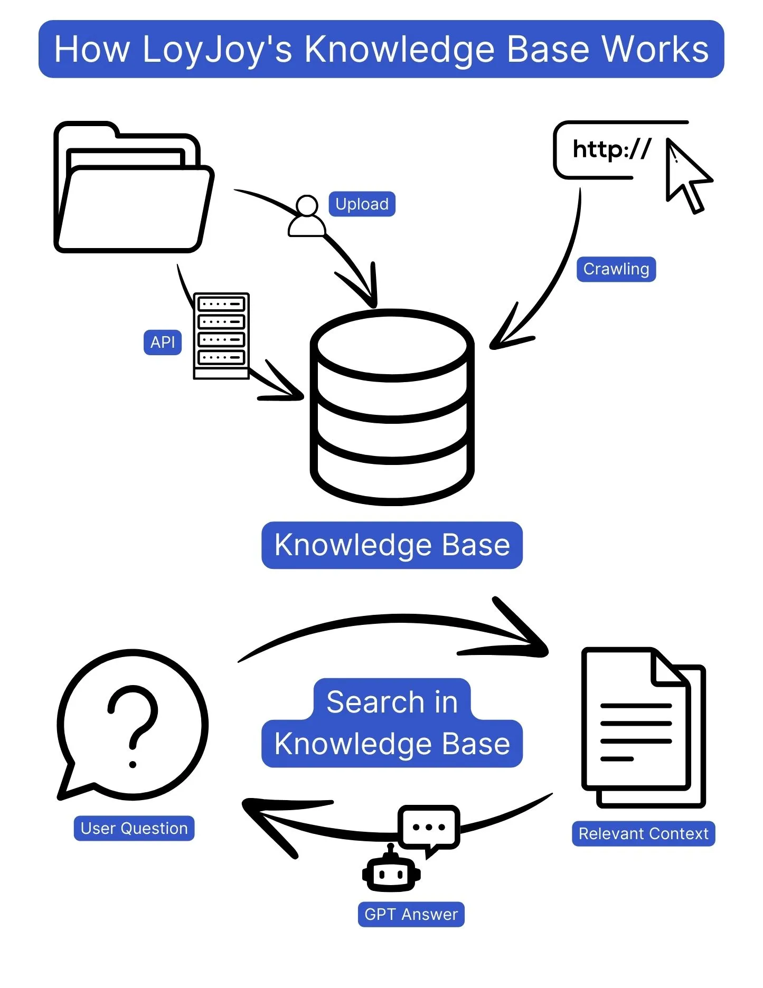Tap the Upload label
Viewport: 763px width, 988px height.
click(x=362, y=204)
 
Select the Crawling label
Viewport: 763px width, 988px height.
click(x=616, y=269)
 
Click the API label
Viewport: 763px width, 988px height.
click(x=162, y=343)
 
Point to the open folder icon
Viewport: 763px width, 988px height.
click(x=133, y=190)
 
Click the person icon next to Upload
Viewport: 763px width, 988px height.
click(x=306, y=217)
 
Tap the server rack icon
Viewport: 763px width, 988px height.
click(x=221, y=336)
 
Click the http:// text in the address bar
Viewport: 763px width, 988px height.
click(x=611, y=149)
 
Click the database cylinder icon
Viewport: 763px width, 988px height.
click(x=392, y=406)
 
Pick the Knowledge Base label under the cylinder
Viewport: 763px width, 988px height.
click(x=392, y=545)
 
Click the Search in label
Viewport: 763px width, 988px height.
click(x=392, y=702)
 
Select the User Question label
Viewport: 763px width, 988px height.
click(x=134, y=829)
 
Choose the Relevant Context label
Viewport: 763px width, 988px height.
click(x=643, y=834)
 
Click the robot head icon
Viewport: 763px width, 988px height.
click(x=391, y=874)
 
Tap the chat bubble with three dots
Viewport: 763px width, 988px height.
click(x=428, y=827)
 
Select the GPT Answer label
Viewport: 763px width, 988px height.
click(x=411, y=915)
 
